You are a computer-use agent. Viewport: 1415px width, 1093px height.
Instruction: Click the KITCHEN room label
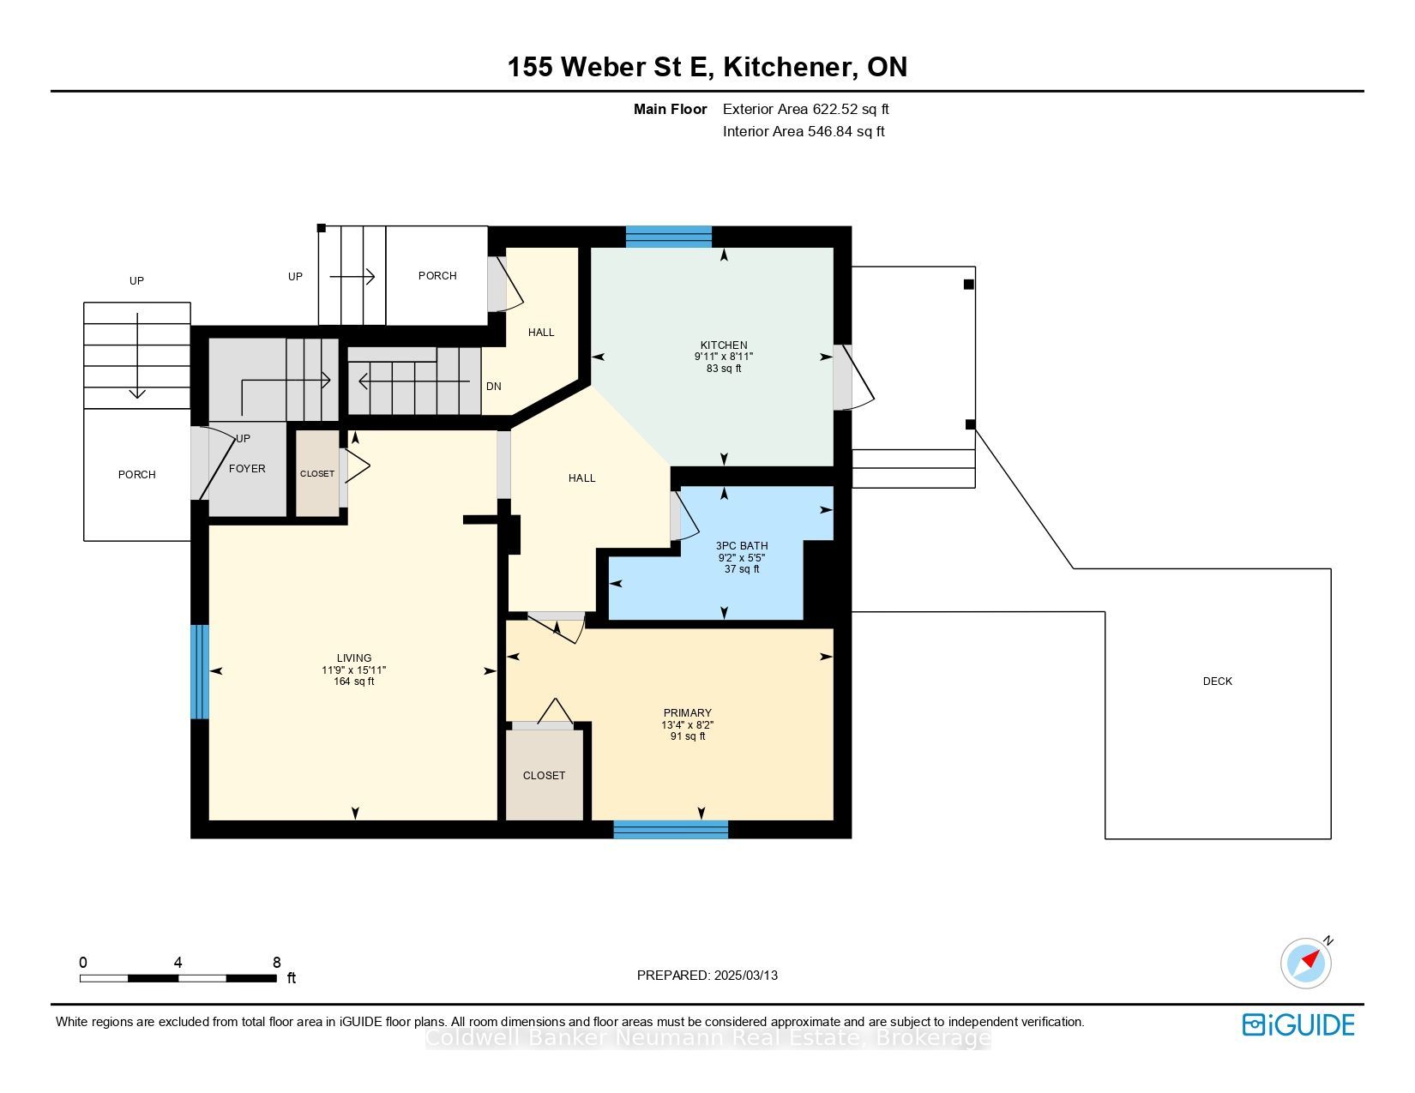pos(724,345)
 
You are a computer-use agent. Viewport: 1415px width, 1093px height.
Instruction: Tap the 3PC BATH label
pos(742,545)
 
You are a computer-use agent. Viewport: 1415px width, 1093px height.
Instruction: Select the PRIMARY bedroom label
pos(688,713)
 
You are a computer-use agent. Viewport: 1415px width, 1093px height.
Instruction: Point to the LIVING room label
pos(354,658)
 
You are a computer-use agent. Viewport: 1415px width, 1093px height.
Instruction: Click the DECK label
pos(1217,681)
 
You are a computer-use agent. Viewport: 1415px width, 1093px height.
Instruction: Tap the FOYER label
pos(248,469)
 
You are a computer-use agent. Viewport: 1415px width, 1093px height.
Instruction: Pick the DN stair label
pos(494,386)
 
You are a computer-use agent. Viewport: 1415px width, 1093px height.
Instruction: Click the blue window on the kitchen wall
pos(669,237)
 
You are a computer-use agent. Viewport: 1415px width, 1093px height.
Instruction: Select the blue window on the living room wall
pos(199,672)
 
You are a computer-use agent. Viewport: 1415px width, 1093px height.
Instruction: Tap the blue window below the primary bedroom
pos(671,829)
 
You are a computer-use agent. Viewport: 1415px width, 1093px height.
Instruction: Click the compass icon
pos(1306,964)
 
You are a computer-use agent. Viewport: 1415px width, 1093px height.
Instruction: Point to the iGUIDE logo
pos(1298,1024)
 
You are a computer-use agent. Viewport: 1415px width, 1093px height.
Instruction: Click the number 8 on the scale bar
pos(277,962)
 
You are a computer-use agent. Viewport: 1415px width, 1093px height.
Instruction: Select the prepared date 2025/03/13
pos(746,976)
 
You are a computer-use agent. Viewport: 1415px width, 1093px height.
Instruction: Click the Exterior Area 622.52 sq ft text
pos(805,110)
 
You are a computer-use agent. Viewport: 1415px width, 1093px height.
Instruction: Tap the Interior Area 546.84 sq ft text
pos(804,131)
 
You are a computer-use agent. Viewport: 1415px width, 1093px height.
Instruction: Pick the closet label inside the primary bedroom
pos(544,775)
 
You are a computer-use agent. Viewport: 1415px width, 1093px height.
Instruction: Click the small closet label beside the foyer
pos(317,474)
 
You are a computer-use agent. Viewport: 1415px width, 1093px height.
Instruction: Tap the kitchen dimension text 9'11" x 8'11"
pos(724,357)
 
